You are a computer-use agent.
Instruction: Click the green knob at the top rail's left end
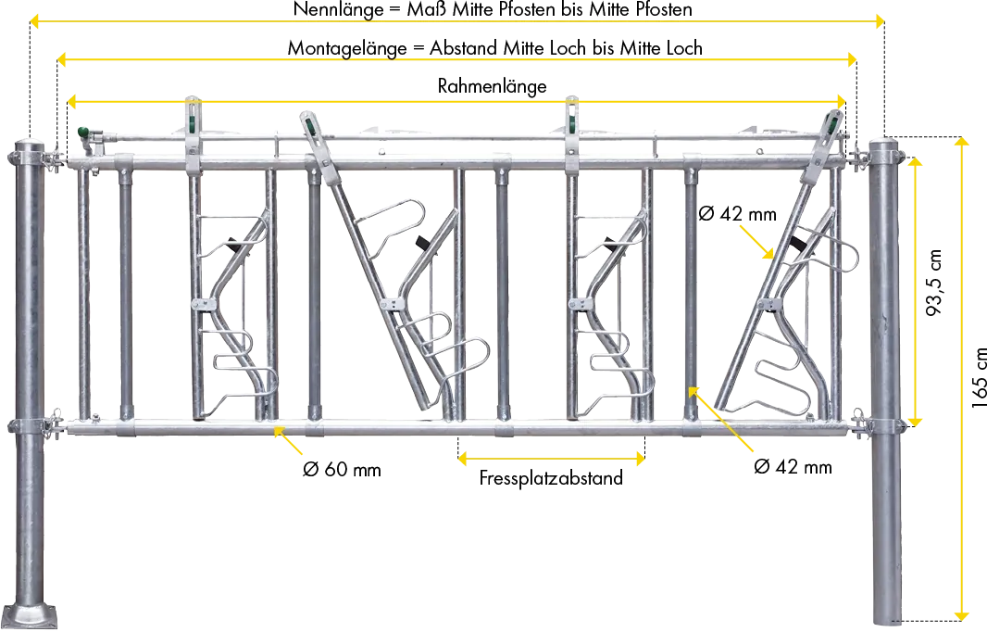click(x=83, y=132)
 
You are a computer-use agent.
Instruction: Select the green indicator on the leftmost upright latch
click(x=194, y=120)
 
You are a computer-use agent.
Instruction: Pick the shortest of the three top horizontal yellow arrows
click(x=456, y=100)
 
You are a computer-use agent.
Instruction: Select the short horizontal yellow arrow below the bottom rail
click(x=550, y=456)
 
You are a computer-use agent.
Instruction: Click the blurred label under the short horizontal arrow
click(x=547, y=480)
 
